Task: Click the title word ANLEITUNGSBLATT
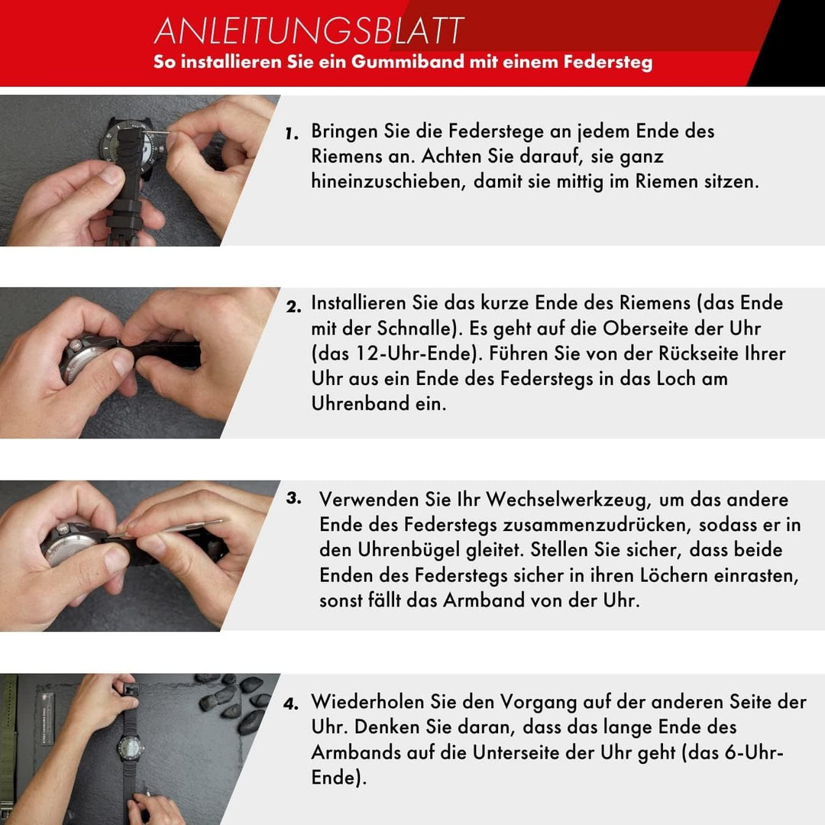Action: pos(309,31)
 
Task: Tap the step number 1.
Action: pos(291,134)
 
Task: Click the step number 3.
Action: pos(294,498)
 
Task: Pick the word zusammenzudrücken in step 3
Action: pos(611,525)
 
